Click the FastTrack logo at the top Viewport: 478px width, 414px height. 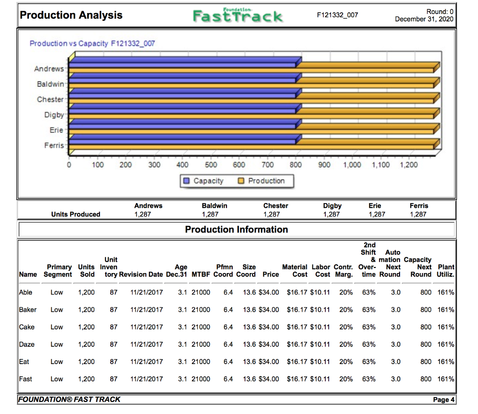238,16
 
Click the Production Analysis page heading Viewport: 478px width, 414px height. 71,15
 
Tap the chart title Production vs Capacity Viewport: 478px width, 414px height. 92,43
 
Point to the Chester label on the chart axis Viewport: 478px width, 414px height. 50,99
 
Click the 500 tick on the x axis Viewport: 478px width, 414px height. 211,165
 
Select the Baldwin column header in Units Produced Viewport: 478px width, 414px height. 214,205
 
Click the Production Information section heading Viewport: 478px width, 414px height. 236,229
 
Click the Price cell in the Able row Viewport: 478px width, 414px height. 270,292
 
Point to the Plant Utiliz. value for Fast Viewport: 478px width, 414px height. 446,379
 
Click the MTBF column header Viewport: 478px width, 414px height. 201,274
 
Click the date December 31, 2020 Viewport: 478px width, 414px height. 424,19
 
